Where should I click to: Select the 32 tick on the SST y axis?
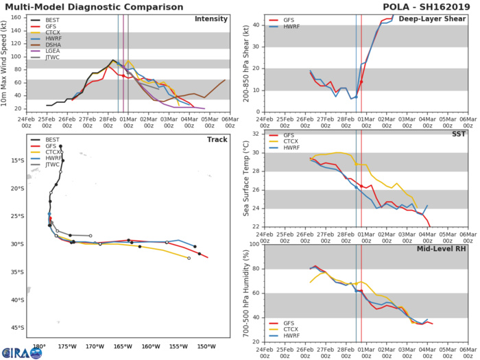[254, 134]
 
